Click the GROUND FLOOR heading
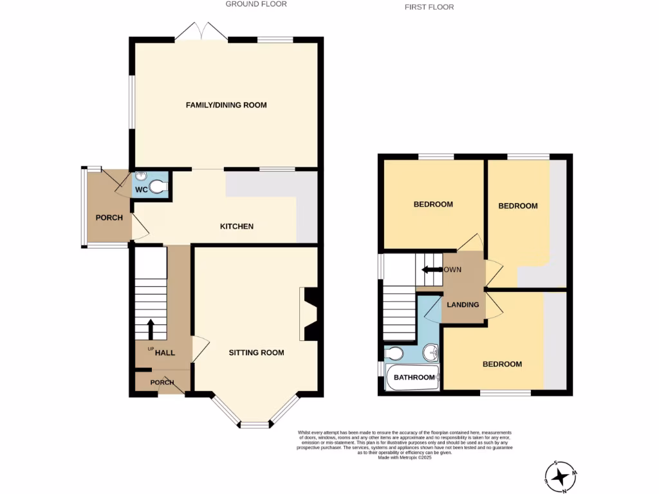pos(256,4)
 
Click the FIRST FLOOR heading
pos(429,7)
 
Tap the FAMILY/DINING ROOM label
pos(226,105)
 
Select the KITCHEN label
pos(237,226)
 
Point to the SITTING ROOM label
pos(257,352)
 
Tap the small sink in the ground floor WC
pos(142,176)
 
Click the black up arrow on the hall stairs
pos(151,329)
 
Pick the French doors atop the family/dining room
pos(200,32)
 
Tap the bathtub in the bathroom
pos(413,378)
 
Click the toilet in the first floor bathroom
pos(394,353)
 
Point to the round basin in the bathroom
pos(431,352)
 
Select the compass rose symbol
pos(561,477)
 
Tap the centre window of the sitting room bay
pos(255,425)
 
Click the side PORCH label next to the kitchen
pos(109,217)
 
